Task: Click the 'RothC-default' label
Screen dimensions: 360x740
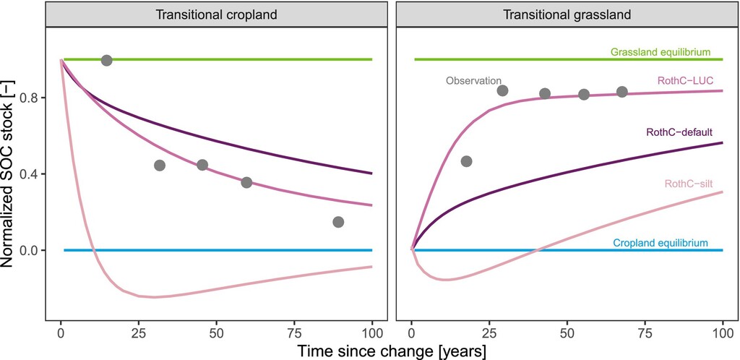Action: [679, 132]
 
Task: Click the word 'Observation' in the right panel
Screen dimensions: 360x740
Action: [473, 81]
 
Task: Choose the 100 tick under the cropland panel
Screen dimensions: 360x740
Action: [372, 333]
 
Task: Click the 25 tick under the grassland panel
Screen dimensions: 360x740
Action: [490, 333]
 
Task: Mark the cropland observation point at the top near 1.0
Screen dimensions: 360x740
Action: [107, 61]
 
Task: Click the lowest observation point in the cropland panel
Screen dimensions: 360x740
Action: [338, 222]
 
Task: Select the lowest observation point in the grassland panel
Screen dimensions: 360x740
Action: [467, 161]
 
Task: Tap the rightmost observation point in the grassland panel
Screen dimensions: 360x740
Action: [622, 92]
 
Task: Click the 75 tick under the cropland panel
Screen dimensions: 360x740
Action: [294, 333]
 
